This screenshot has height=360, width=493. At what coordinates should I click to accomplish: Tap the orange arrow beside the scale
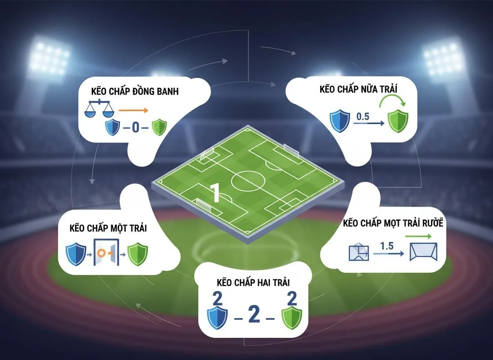pyautogui.click(x=133, y=110)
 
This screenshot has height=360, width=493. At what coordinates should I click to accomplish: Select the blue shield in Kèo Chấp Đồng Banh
pyautogui.click(x=112, y=127)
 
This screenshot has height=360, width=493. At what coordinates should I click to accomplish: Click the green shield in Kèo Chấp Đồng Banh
pyautogui.click(x=159, y=127)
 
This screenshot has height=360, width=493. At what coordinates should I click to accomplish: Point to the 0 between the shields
pyautogui.click(x=135, y=127)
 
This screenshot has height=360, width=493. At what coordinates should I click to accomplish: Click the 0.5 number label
pyautogui.click(x=363, y=117)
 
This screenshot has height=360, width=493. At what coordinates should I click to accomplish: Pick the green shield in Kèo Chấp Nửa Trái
pyautogui.click(x=398, y=121)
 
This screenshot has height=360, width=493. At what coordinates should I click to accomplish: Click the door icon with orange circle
pyautogui.click(x=107, y=252)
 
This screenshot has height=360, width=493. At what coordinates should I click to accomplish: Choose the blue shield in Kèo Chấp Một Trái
pyautogui.click(x=76, y=254)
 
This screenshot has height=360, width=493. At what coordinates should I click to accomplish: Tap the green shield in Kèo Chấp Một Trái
pyautogui.click(x=137, y=254)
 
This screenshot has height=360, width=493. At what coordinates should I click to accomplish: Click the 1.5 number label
pyautogui.click(x=387, y=246)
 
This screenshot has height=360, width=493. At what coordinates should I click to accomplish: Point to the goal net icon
pyautogui.click(x=423, y=252)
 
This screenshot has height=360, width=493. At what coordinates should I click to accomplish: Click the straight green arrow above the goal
pyautogui.click(x=418, y=236)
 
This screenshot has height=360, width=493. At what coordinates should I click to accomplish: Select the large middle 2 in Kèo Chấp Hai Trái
pyautogui.click(x=254, y=315)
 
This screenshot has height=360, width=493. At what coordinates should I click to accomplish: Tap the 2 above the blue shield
pyautogui.click(x=217, y=299)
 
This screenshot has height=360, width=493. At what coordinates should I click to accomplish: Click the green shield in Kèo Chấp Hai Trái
pyautogui.click(x=291, y=318)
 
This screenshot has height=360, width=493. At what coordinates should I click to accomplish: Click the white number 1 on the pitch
pyautogui.click(x=215, y=192)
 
